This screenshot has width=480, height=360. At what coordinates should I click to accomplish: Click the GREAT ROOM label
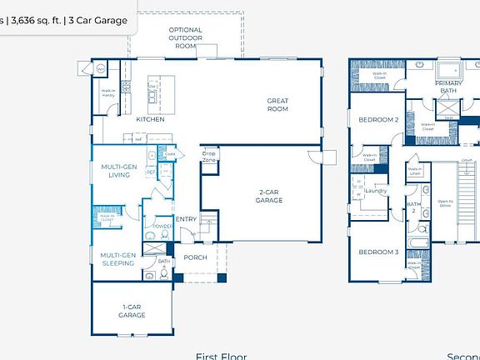point(277,104)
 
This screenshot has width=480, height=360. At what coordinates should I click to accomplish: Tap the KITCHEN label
point(150,119)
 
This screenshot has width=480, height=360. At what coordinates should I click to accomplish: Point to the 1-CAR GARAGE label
point(132,311)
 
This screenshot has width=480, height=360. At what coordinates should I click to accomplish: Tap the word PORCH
point(195,257)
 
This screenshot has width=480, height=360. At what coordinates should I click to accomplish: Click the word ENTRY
point(186,219)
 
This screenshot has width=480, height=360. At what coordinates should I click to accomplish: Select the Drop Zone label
point(209,155)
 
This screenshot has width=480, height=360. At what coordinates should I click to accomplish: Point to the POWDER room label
point(162,226)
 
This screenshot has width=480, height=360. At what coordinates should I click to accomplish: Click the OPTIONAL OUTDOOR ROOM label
point(185,37)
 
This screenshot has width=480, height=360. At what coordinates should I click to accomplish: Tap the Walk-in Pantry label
point(108,93)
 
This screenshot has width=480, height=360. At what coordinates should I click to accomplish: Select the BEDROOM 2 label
point(378,120)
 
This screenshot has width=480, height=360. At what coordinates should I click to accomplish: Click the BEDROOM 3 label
point(379,252)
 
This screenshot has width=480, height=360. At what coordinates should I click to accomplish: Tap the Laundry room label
point(377,191)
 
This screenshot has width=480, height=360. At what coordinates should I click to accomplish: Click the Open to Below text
point(446,203)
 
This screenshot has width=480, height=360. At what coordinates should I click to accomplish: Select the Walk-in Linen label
point(414,171)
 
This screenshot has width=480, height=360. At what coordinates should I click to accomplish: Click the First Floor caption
point(221,356)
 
